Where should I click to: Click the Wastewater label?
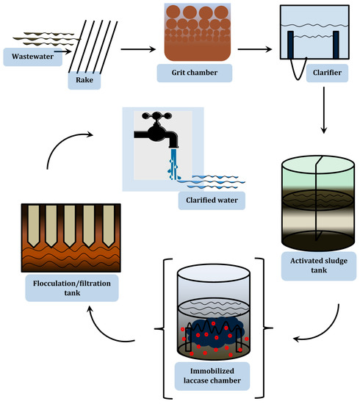click(x=33, y=57)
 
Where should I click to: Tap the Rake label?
click(x=84, y=80)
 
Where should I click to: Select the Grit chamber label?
click(x=195, y=73)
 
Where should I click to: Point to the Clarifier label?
click(x=327, y=73)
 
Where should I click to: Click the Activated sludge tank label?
click(x=319, y=266)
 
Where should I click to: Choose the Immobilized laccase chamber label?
click(x=212, y=376)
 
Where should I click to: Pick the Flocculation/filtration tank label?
click(x=72, y=288)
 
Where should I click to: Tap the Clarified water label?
click(x=212, y=201)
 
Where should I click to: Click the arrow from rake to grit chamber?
click(x=138, y=49)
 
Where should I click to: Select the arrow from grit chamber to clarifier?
click(x=255, y=49)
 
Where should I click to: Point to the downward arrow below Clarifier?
click(x=324, y=110)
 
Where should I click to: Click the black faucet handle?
click(x=157, y=115)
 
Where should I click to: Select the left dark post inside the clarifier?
click(x=290, y=45)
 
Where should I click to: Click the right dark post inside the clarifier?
click(x=336, y=45)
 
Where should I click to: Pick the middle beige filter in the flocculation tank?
click(x=70, y=226)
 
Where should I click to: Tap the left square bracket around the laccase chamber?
click(x=163, y=328)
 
